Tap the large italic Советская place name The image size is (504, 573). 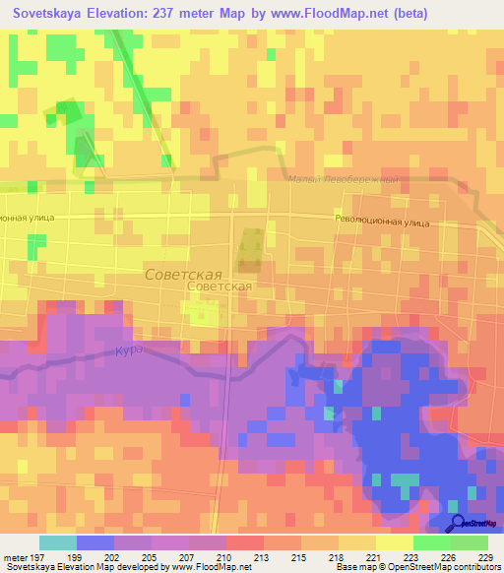tap(182, 275)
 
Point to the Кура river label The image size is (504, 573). tap(130, 350)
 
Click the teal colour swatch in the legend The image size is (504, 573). tap(57, 542)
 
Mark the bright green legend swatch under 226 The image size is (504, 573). tap(431, 542)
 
